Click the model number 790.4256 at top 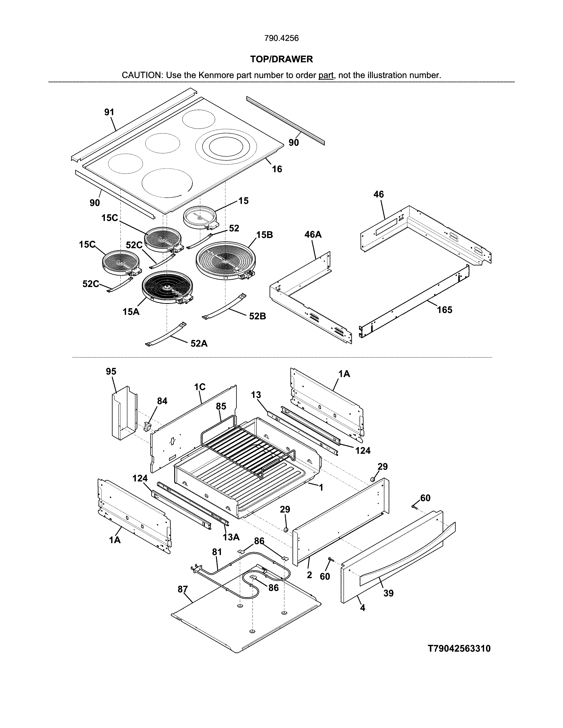click(x=281, y=38)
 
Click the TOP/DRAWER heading click(x=281, y=59)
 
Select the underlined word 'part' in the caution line click(x=326, y=75)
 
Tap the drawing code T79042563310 click(x=459, y=648)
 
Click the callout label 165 click(x=445, y=310)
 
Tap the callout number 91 click(x=109, y=112)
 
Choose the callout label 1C click(x=200, y=387)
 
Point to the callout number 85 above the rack click(x=221, y=406)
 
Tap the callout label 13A click(x=231, y=537)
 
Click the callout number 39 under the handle click(x=388, y=593)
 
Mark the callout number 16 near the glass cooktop click(x=277, y=169)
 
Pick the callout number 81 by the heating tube click(x=217, y=552)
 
